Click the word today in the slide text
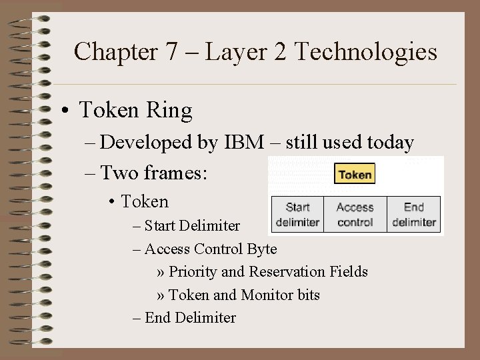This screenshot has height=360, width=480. point(388,143)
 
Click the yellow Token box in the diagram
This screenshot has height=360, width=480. point(355,175)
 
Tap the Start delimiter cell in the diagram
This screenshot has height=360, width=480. point(297,215)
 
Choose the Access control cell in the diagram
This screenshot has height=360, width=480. point(355,215)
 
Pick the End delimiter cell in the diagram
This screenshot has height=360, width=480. point(414,215)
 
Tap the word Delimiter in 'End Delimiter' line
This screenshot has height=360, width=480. point(205,318)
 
